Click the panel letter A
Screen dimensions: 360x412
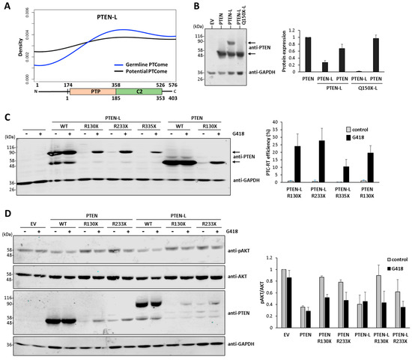pyautogui.click(x=6, y=7)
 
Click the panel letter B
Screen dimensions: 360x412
pyautogui.click(x=219, y=7)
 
